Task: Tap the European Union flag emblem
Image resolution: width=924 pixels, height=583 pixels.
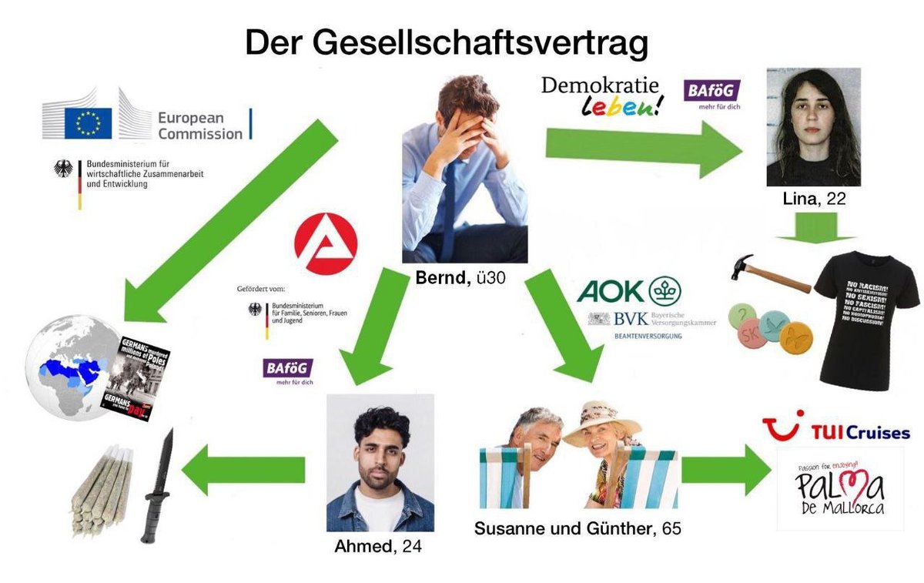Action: (88, 123)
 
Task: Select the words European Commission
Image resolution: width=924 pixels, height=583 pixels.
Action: (199, 126)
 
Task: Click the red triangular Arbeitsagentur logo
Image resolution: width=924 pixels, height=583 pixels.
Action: (326, 246)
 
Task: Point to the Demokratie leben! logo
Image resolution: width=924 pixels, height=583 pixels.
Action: (601, 95)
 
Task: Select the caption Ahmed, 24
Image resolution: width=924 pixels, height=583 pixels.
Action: (378, 547)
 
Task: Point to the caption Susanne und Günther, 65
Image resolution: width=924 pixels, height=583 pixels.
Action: (577, 529)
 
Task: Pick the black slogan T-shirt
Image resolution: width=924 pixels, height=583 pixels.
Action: (865, 323)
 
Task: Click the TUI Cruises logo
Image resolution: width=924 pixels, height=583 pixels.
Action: (835, 431)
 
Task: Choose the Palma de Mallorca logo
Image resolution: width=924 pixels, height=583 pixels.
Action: (839, 489)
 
